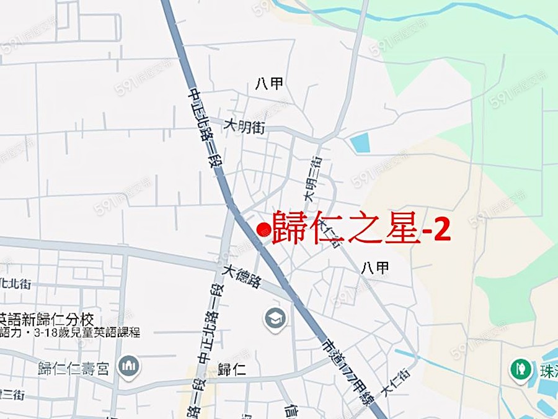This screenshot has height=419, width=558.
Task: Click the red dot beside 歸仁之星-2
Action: click(x=263, y=230)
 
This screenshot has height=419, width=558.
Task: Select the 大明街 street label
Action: click(x=244, y=127)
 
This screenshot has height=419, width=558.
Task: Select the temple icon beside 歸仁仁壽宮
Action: click(x=129, y=367)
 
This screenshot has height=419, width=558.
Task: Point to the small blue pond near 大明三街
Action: click(x=360, y=143)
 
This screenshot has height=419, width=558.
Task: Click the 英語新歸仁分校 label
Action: click(x=46, y=320)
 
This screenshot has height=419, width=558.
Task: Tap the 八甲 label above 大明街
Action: click(x=269, y=84)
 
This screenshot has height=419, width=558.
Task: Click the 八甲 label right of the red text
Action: click(x=375, y=268)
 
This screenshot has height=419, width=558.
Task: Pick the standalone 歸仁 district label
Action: click(x=232, y=371)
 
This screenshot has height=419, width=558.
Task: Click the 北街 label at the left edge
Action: click(x=15, y=284)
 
